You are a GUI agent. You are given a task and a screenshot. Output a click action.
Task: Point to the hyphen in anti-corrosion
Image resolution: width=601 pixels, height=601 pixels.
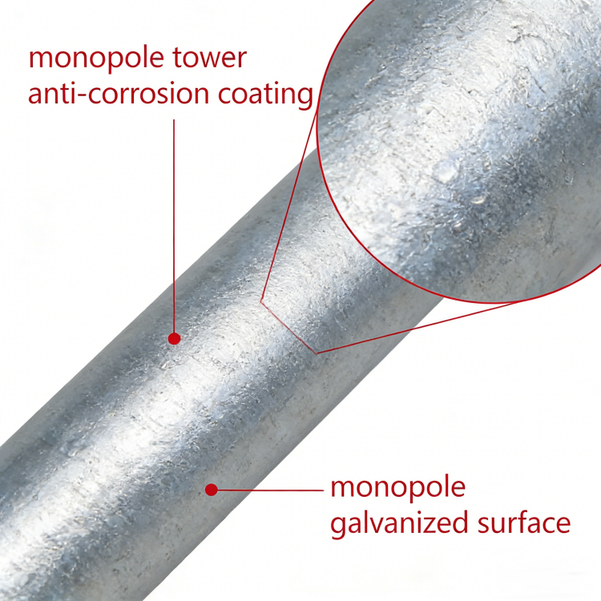coord(84,95)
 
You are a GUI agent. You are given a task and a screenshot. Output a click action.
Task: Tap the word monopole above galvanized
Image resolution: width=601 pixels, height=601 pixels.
coord(397,487)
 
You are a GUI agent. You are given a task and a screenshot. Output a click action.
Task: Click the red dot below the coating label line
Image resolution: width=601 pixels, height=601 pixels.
coord(174,339)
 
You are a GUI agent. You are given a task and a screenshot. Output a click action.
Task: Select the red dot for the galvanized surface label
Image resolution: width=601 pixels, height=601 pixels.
coord(212,488)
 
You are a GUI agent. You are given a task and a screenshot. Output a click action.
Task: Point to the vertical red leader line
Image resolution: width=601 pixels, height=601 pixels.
coord(174,224)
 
